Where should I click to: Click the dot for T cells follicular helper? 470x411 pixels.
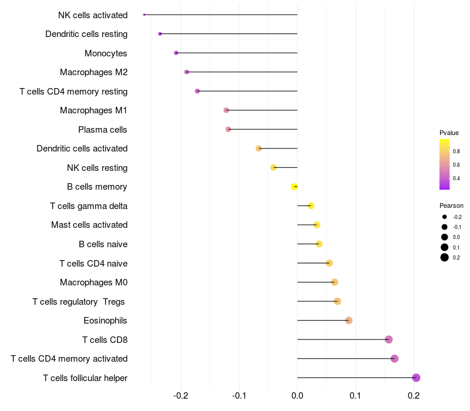[x=416, y=378]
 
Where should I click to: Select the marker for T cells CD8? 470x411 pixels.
[x=388, y=339]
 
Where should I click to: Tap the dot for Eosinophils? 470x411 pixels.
[x=348, y=320]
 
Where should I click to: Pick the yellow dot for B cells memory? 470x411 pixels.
[x=294, y=187]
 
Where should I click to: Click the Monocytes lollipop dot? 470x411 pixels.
[x=176, y=53]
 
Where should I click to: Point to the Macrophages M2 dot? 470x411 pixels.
[x=187, y=72]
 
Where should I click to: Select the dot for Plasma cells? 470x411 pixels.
[x=229, y=129]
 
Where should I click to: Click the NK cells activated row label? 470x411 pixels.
[x=93, y=15]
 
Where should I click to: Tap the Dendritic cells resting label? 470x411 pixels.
[x=86, y=34]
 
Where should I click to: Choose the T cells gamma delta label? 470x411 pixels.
[x=89, y=206]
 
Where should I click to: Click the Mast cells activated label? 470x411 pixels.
[x=89, y=225]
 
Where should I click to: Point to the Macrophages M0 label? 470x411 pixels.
[x=93, y=282]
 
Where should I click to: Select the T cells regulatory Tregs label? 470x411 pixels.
[x=79, y=301]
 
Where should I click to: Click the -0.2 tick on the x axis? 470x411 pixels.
[x=181, y=396]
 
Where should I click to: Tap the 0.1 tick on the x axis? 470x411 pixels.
[x=355, y=396]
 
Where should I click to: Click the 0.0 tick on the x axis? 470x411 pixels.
[x=297, y=396]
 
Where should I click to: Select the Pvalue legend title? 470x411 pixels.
[x=449, y=133]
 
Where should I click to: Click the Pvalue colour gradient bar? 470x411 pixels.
[x=445, y=164]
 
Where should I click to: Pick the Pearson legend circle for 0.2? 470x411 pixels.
[x=445, y=257]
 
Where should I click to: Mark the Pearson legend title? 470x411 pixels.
[x=451, y=206]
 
